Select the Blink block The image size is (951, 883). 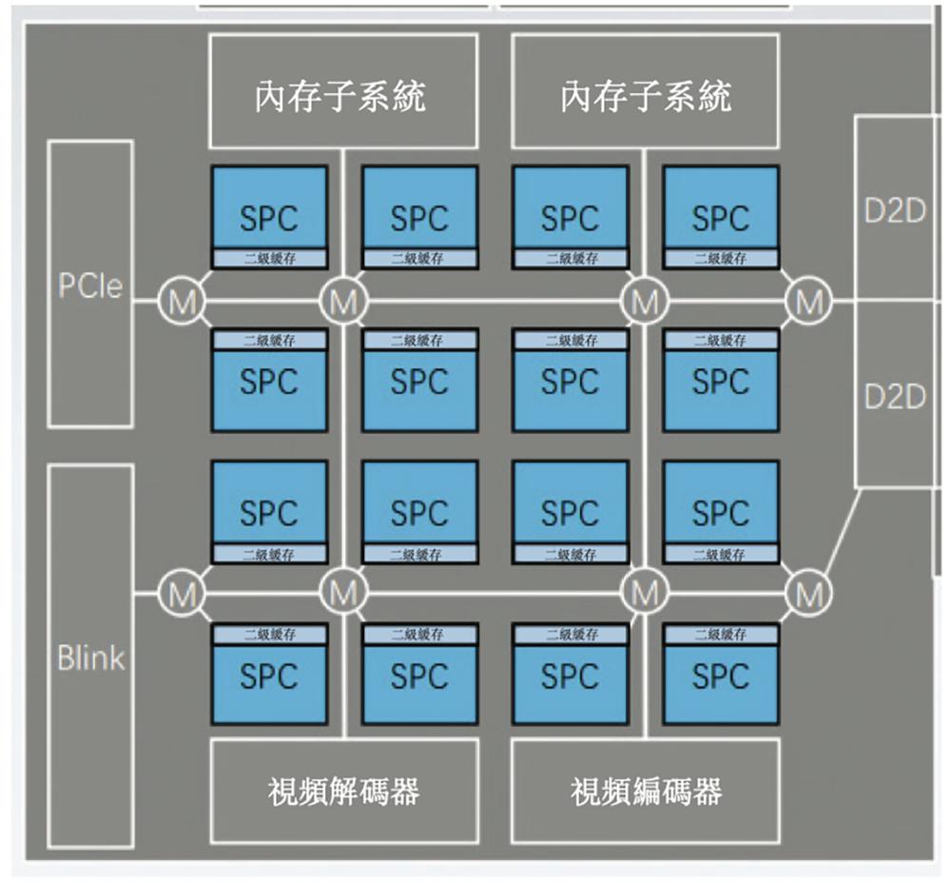(x=90, y=657)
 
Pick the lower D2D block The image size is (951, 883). (x=895, y=395)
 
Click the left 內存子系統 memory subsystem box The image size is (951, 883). (x=342, y=92)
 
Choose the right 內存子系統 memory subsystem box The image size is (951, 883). (x=646, y=92)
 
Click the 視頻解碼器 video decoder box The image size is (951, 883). (x=342, y=790)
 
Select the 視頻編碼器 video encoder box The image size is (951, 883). (x=646, y=790)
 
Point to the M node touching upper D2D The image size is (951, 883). (x=809, y=303)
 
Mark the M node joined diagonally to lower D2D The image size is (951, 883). (x=809, y=595)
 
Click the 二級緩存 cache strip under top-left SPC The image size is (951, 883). (x=269, y=259)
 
